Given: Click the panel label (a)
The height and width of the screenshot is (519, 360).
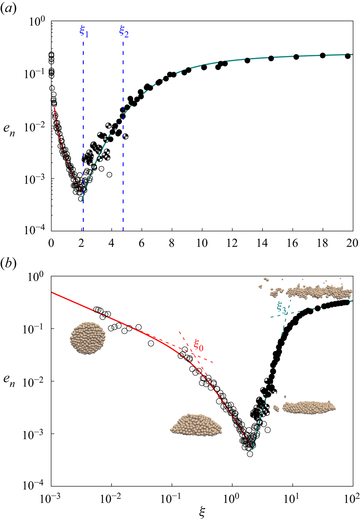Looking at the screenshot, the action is coord(9,9).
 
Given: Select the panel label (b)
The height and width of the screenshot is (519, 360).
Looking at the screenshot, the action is coord(9,264).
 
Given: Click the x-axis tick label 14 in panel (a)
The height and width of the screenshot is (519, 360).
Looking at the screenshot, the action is coord(262,243).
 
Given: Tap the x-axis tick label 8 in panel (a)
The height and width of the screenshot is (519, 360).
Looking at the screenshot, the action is coord(172,243).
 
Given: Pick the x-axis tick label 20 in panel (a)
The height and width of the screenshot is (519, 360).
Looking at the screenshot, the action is coord(352,243).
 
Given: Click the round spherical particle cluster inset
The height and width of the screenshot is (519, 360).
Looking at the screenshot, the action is coord(88,338).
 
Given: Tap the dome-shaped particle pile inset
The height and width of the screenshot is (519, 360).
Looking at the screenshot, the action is coord(196,425).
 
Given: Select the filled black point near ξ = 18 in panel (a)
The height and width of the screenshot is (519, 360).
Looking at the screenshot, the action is coord(323,55).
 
